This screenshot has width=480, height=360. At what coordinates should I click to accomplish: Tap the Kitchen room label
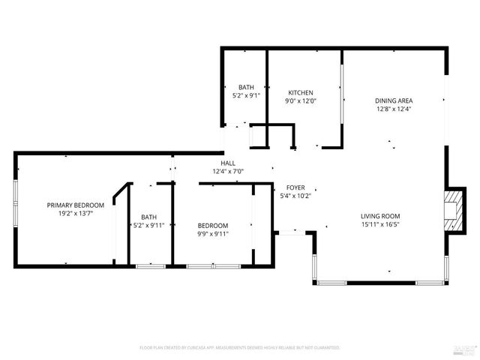300,92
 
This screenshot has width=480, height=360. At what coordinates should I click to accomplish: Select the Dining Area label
394,100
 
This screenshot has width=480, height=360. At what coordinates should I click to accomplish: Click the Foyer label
295,187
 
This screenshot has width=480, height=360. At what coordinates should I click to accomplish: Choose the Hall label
228,163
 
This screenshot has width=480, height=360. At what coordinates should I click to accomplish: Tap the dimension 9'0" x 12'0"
300,100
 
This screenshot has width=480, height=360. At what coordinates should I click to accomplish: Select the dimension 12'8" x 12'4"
394,109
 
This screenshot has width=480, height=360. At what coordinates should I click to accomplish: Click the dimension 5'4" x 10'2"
295,196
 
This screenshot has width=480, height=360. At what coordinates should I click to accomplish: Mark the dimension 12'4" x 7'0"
228,171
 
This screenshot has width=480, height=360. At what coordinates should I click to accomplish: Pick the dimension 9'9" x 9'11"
213,233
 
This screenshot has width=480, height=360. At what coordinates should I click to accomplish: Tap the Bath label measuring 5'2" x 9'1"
246,87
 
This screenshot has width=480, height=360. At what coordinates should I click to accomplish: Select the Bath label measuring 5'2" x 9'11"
148,217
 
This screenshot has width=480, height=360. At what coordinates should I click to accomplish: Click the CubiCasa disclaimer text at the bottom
240,348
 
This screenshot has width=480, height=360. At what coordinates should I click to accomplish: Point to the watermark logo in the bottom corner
465,349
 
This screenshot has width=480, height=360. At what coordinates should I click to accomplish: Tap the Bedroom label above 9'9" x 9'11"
213,225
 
